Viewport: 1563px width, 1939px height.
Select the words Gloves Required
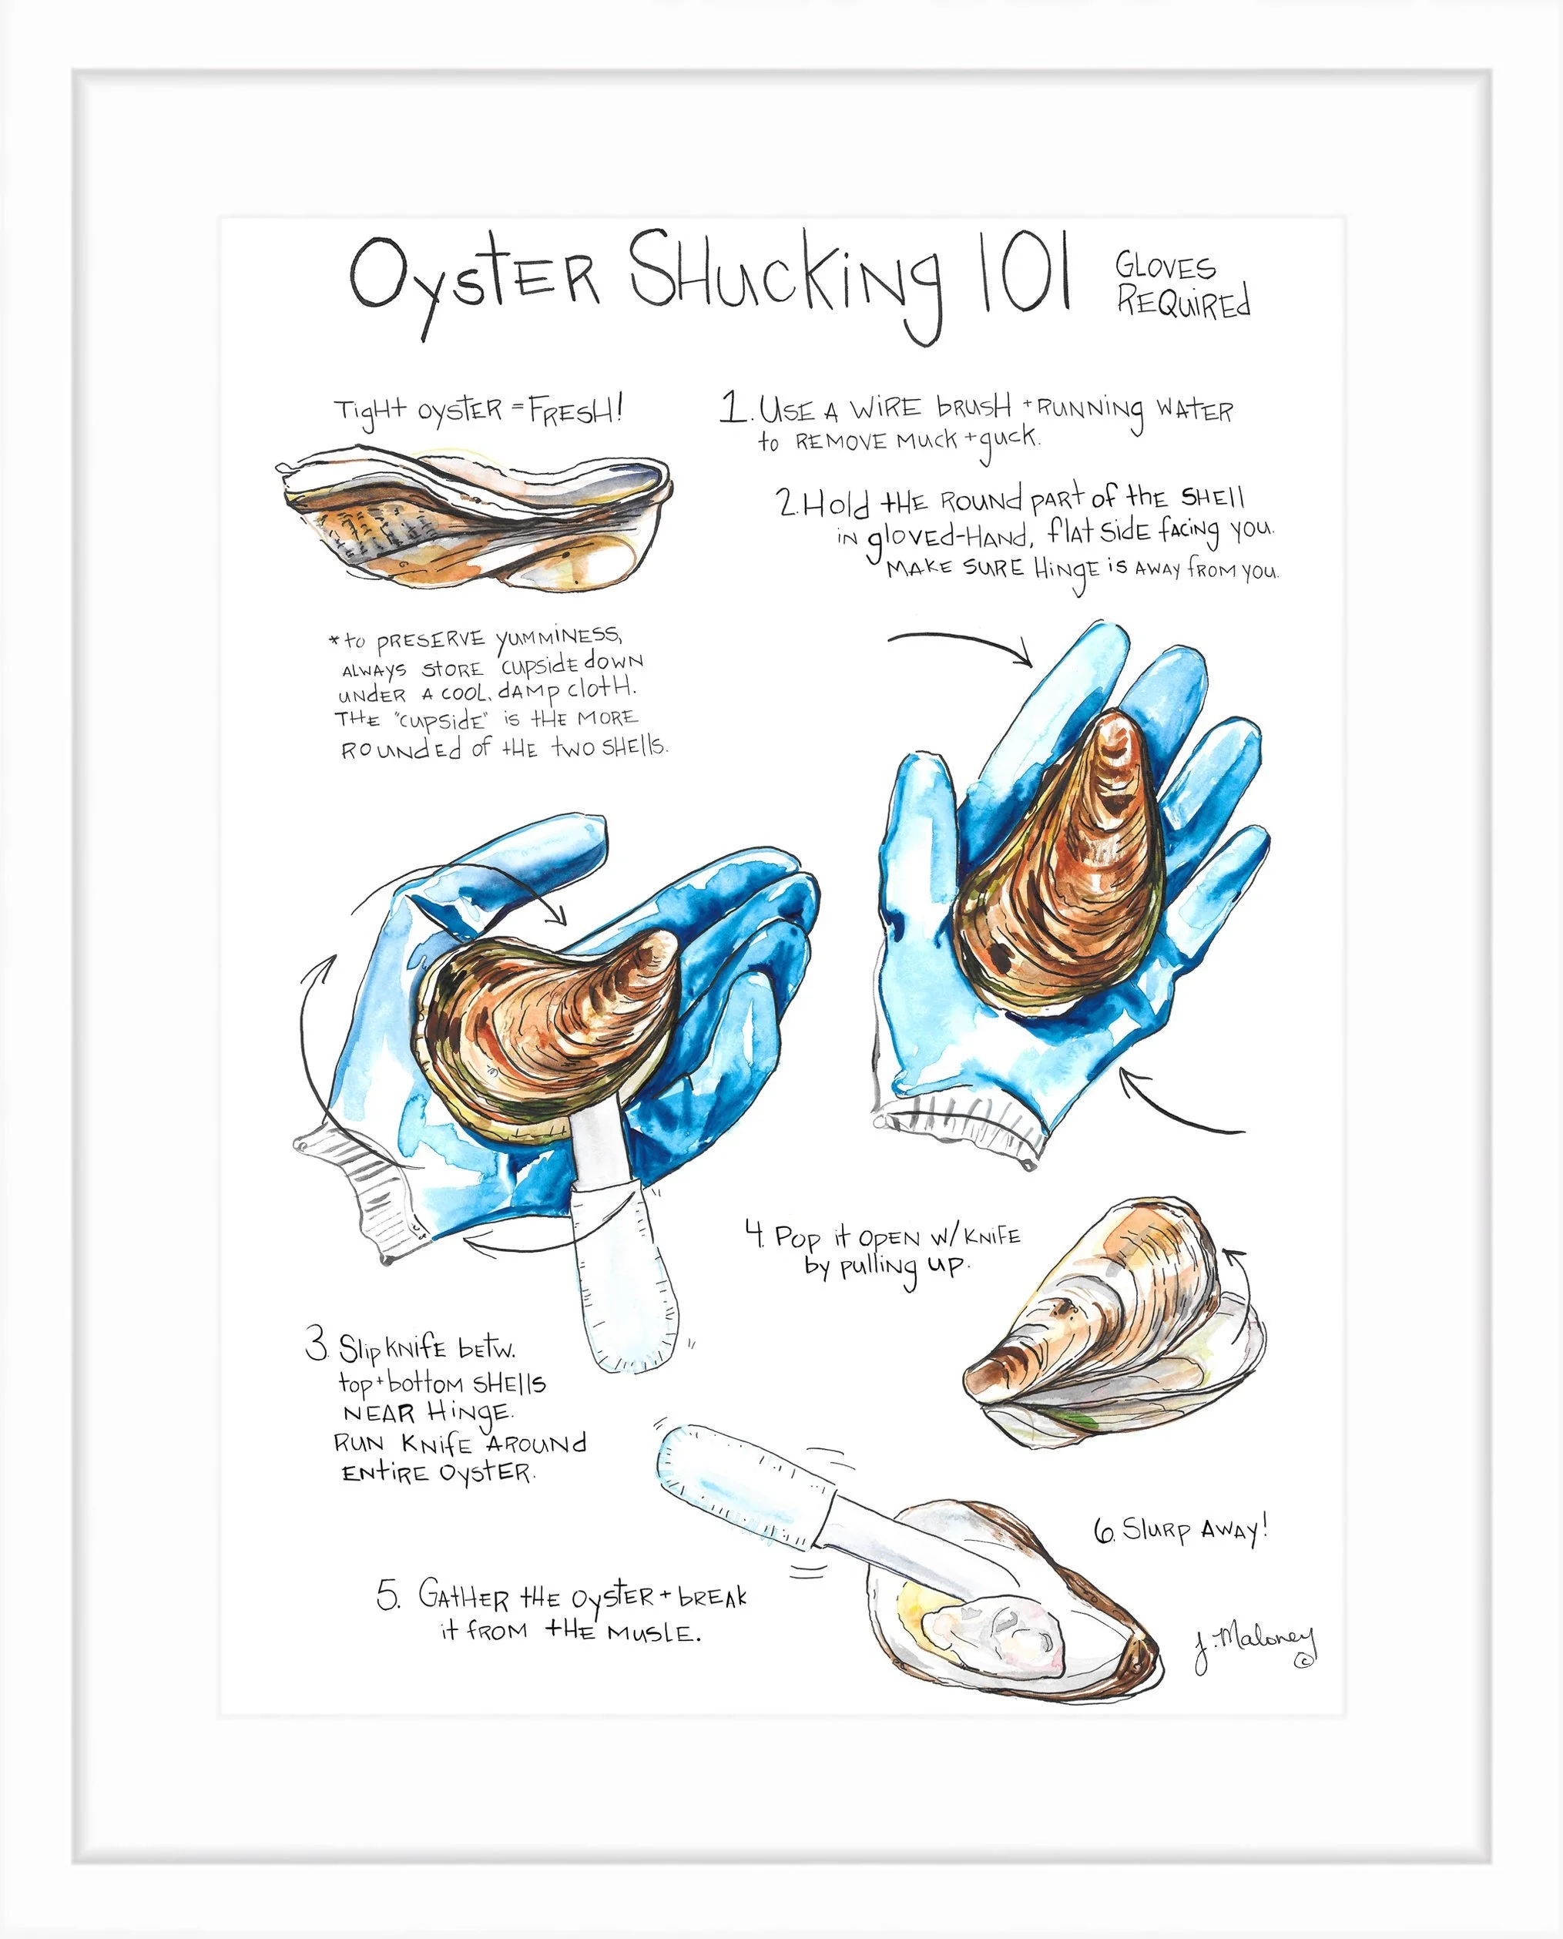[1182, 287]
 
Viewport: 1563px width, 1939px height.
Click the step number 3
[316, 1348]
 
